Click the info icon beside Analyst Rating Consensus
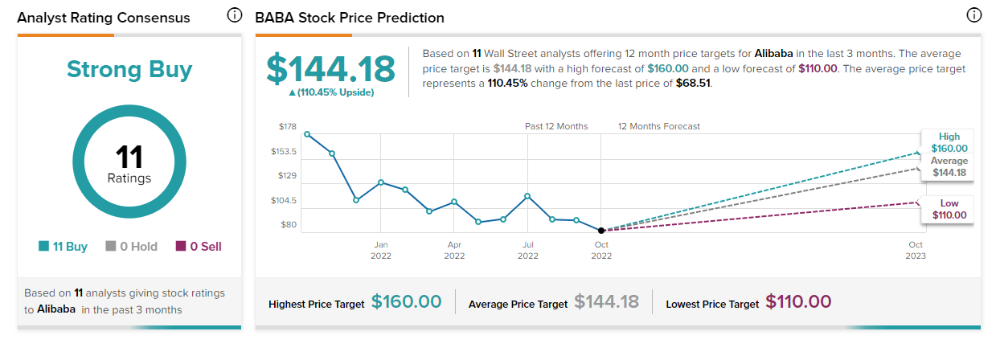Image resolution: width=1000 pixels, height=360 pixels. [x=234, y=15]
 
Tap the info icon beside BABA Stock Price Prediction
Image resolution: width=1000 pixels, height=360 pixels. [x=973, y=15]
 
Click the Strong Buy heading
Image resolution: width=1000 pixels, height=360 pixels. [x=129, y=69]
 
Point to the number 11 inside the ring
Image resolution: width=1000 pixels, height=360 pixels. [x=129, y=156]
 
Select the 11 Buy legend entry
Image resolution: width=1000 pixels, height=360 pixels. [x=64, y=247]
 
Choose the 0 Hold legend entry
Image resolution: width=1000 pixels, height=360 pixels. [x=132, y=247]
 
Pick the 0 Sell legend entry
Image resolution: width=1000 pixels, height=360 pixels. [x=199, y=247]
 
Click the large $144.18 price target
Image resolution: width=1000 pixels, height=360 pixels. [x=330, y=69]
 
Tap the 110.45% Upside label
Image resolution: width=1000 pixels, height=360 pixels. [x=331, y=92]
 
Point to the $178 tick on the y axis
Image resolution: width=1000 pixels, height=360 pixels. [x=288, y=127]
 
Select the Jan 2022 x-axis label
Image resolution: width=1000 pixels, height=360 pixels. [x=380, y=249]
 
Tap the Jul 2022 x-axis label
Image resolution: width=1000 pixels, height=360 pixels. [x=527, y=249]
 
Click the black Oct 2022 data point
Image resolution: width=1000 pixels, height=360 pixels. [x=601, y=231]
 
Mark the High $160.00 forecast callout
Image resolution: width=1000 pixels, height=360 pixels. [x=949, y=142]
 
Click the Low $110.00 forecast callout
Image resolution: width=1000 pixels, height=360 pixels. [x=949, y=209]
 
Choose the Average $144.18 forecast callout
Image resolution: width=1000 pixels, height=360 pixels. [x=949, y=167]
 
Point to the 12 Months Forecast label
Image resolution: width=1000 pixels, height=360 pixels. [x=658, y=126]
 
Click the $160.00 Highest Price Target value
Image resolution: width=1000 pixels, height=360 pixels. [x=406, y=302]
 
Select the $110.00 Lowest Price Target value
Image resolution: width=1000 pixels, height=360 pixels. [x=798, y=302]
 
